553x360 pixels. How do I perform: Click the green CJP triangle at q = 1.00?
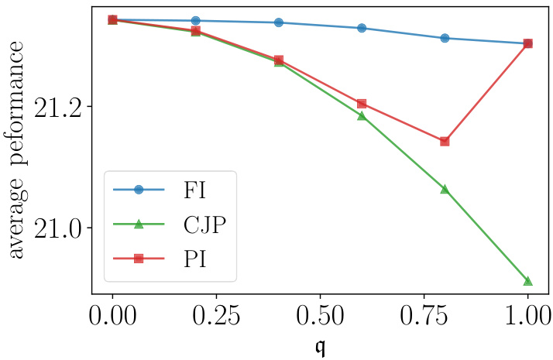[x=527, y=280]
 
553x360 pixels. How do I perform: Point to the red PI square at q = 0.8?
[x=445, y=141]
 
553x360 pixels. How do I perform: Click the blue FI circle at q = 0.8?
[x=445, y=38]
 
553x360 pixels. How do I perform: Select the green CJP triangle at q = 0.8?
[x=445, y=189]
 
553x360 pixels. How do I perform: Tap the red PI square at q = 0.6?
[x=362, y=104]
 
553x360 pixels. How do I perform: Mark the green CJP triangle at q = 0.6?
[x=362, y=115]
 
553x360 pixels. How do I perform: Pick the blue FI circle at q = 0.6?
[x=362, y=28]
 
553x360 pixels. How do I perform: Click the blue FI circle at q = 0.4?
[x=279, y=22]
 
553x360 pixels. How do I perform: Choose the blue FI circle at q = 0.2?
[x=195, y=20]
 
